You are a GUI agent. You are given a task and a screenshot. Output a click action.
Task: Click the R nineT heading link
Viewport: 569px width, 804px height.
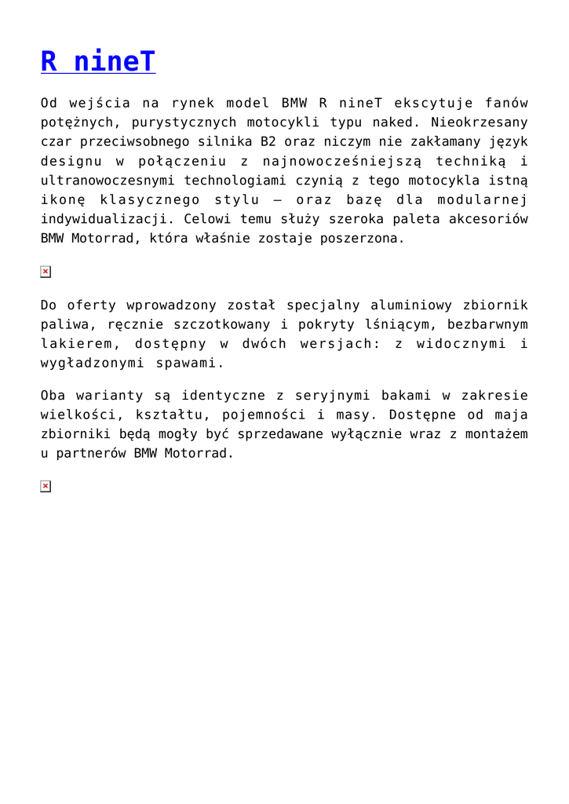98,61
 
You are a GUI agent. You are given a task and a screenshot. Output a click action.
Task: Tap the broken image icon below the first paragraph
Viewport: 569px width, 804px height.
46,272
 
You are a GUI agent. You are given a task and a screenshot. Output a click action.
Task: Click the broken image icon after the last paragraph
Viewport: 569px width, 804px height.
46,487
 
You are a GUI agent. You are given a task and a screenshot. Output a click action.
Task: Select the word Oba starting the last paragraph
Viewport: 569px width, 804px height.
53,395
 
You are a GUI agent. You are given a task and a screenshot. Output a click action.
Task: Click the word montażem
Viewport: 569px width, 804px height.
498,433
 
